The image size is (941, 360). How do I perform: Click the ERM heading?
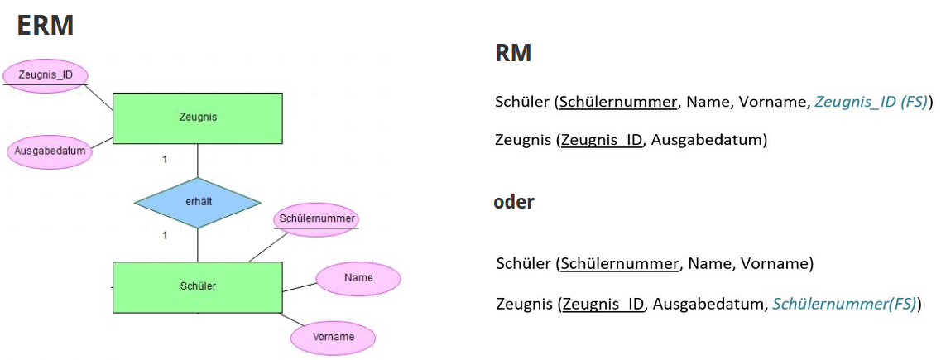[46, 26]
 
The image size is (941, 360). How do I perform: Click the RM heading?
[512, 55]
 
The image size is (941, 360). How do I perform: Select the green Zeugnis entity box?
[197, 117]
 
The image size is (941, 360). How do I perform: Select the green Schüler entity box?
[197, 286]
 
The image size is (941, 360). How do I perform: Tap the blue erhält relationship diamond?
[197, 203]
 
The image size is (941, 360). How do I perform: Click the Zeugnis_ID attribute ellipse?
[45, 75]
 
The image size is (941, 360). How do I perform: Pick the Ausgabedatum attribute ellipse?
[50, 151]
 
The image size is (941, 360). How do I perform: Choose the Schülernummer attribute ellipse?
[317, 218]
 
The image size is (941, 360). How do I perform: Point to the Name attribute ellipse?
[358, 278]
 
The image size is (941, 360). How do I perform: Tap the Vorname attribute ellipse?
[334, 337]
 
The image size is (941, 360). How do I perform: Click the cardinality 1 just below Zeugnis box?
[165, 159]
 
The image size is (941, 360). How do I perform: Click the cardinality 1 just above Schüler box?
[165, 236]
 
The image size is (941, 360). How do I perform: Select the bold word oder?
[514, 202]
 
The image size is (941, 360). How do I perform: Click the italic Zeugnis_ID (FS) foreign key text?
[871, 102]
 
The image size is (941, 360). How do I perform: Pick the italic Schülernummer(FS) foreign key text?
[844, 304]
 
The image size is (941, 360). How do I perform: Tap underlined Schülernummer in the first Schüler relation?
[618, 102]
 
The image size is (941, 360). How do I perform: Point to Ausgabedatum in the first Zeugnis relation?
[707, 140]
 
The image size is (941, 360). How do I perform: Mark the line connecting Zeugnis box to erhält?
[197, 161]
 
